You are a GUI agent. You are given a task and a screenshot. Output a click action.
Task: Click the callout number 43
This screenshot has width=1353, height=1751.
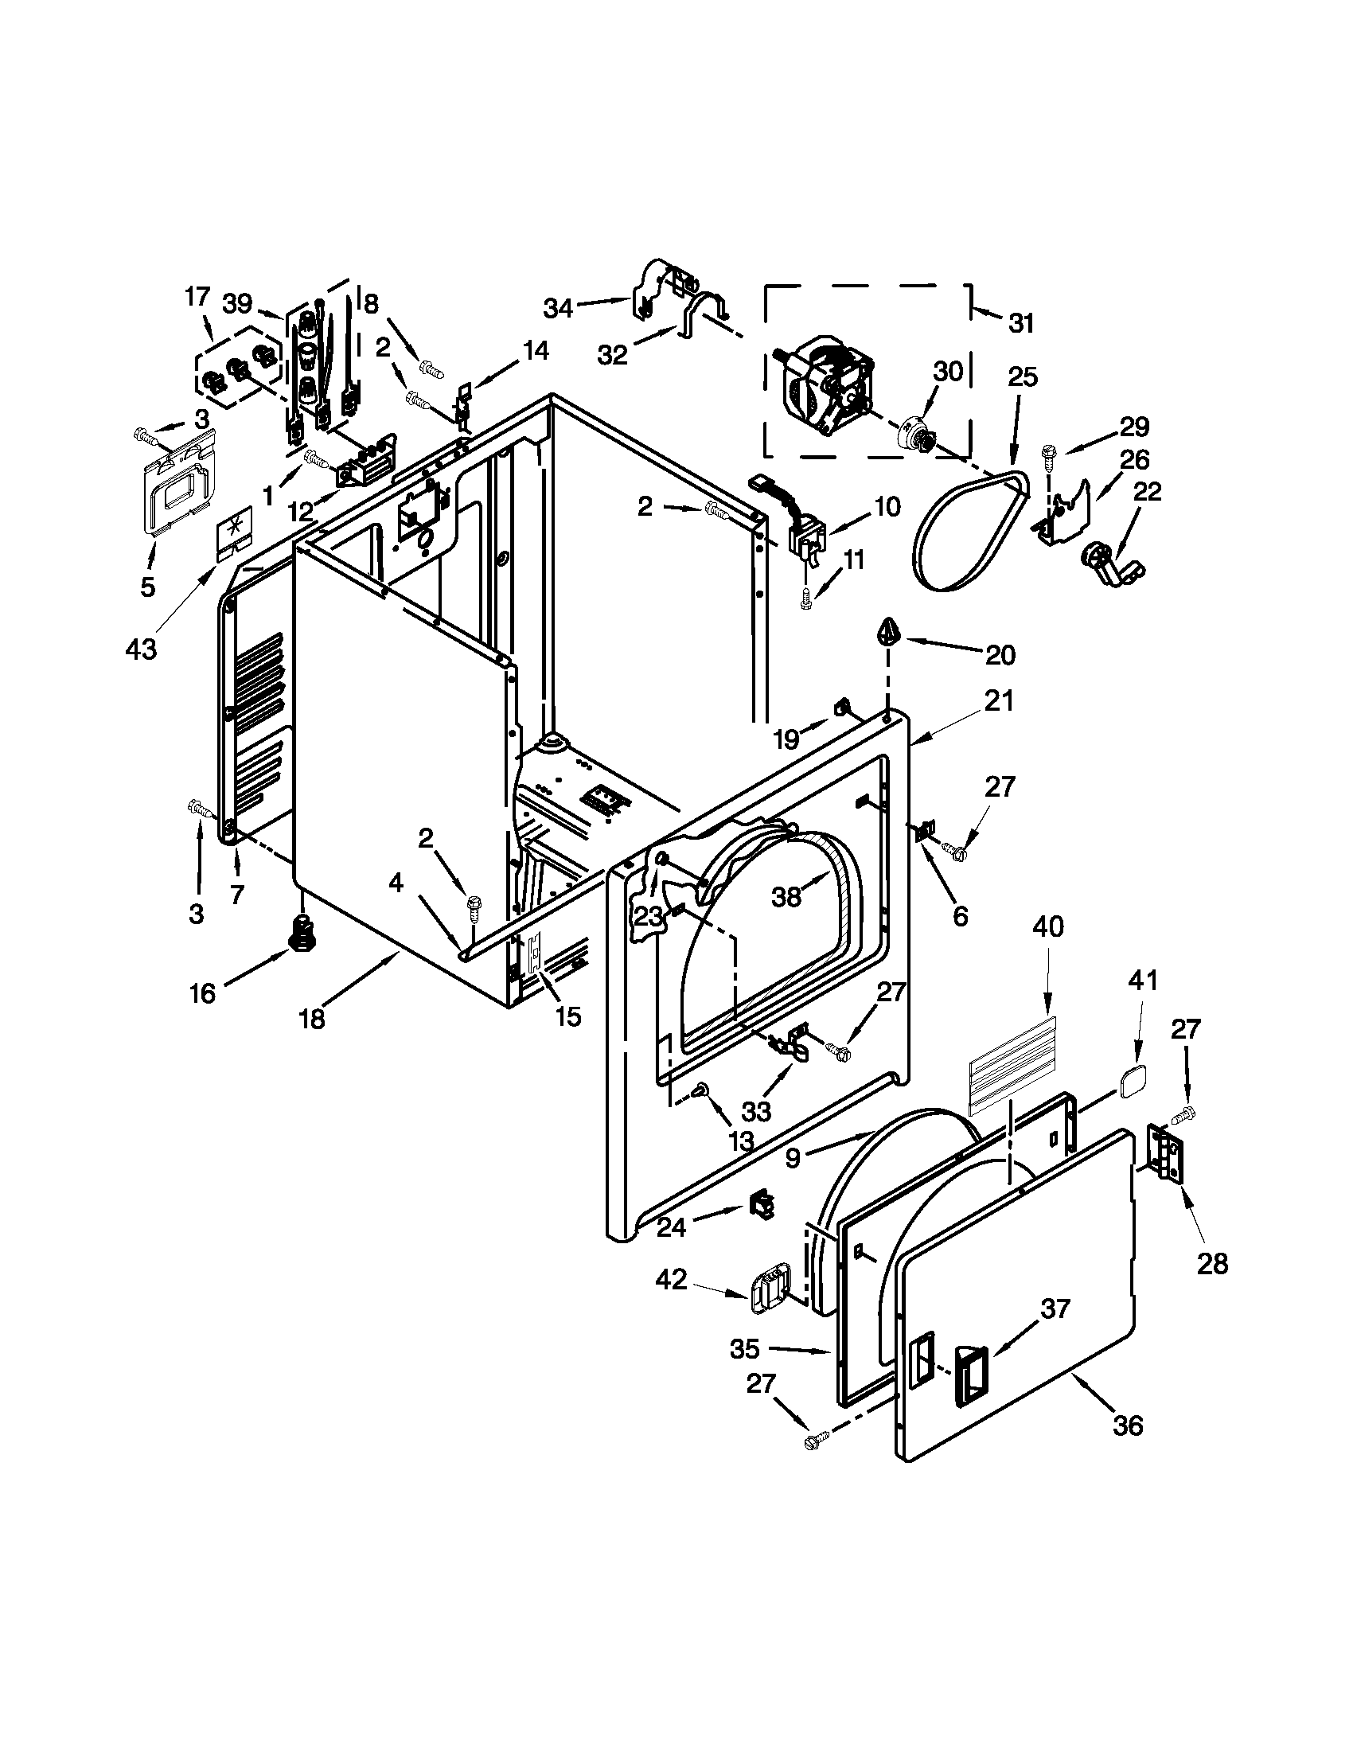point(140,648)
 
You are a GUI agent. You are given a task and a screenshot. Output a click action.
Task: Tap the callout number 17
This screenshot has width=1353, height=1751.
point(197,298)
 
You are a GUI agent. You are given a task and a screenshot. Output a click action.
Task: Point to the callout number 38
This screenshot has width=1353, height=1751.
point(786,896)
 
